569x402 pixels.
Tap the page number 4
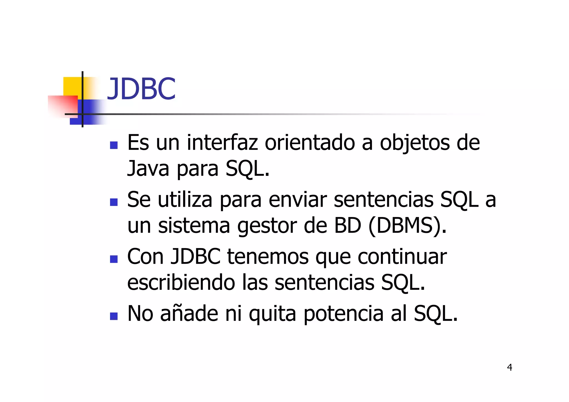[509, 367]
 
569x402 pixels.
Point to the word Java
[148, 168]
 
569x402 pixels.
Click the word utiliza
[185, 199]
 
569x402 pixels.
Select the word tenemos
[268, 256]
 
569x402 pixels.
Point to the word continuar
[402, 256]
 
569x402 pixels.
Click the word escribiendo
[181, 282]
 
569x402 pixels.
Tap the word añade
[189, 313]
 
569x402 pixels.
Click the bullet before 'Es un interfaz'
[114, 145]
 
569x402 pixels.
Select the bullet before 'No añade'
[114, 316]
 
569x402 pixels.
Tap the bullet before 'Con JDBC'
[114, 259]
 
